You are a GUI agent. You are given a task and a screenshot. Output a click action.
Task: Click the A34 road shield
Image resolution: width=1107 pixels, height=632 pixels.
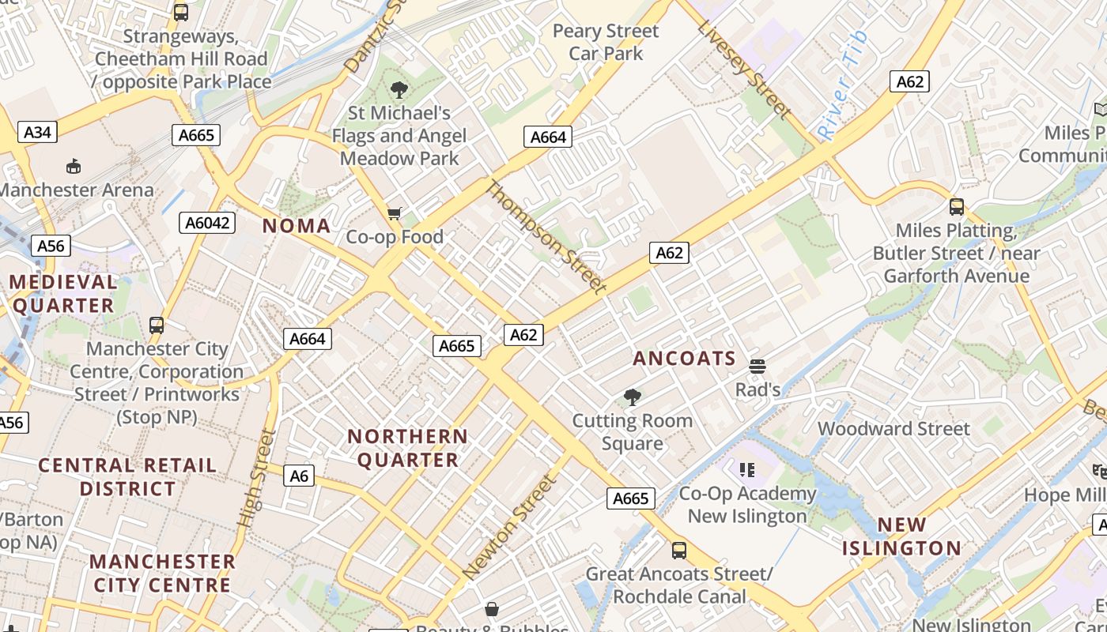(37, 132)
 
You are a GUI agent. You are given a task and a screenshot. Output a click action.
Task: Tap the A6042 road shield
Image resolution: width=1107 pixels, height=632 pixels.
(208, 223)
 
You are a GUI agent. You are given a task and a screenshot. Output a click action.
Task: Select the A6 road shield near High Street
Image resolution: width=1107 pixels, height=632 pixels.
(299, 476)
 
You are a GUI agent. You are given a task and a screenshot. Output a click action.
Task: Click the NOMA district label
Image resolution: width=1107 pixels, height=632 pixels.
(297, 226)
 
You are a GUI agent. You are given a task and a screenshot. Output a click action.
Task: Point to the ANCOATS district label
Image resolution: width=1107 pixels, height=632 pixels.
(684, 359)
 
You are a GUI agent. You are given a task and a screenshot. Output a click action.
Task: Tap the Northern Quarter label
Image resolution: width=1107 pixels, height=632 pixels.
(408, 448)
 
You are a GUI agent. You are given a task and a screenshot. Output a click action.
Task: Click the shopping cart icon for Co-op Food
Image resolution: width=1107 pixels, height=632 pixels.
(395, 213)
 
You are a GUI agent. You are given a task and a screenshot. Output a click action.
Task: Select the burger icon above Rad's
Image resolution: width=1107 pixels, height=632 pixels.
(758, 366)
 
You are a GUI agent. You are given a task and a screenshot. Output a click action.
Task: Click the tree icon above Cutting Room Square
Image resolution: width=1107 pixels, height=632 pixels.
(632, 397)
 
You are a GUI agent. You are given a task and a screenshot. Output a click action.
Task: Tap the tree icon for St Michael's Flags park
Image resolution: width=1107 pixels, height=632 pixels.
(399, 90)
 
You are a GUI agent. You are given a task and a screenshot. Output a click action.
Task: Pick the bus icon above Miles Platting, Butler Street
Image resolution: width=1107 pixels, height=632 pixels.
(957, 207)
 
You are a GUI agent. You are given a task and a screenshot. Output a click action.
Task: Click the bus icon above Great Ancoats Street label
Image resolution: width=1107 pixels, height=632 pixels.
(678, 550)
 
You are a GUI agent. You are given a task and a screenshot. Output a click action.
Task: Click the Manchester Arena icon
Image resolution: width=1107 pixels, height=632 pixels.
(74, 166)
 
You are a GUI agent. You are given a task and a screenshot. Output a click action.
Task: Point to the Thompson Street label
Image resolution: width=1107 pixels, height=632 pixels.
(545, 236)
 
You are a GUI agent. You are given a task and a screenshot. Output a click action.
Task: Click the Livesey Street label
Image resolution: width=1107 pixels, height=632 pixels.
(743, 70)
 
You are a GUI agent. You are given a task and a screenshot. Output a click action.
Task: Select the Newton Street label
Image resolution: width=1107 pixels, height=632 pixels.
(510, 526)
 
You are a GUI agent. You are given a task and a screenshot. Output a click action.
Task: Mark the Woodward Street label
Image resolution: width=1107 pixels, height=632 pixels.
(894, 429)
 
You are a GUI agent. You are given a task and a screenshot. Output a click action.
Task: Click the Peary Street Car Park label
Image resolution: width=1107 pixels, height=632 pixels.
(606, 43)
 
